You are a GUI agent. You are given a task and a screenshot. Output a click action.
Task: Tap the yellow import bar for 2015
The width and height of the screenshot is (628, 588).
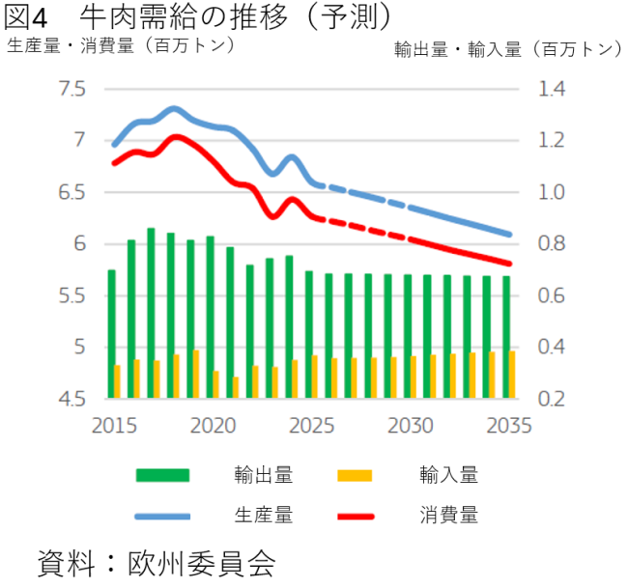pos(118,380)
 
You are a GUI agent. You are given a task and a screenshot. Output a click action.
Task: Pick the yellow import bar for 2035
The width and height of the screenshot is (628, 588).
pos(512,374)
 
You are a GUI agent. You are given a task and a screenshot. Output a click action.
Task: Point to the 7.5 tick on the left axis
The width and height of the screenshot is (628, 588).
pos(72,89)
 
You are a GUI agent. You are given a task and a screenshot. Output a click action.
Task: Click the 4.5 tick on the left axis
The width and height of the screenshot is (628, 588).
pos(72,399)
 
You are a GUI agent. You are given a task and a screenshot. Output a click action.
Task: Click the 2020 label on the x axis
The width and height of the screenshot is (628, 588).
pos(214,426)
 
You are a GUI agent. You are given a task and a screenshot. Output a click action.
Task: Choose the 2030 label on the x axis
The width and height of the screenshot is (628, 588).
pos(410,426)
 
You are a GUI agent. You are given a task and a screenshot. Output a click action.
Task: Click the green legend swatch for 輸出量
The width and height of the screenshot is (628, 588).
pos(164,474)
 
